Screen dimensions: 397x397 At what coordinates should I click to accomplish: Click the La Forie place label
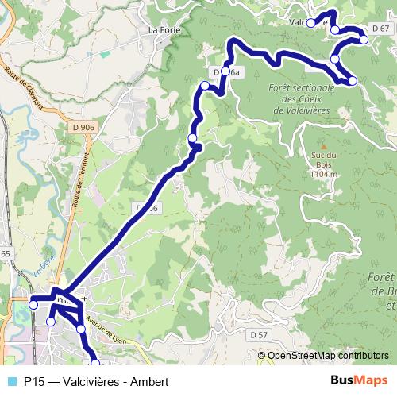(164, 30)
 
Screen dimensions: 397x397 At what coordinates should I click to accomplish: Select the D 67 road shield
(380, 28)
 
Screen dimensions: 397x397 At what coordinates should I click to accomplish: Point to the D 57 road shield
(257, 335)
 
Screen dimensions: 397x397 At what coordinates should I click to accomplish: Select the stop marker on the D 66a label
(225, 72)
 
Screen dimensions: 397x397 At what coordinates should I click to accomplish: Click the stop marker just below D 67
(364, 39)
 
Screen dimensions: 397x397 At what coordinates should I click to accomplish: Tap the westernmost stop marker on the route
(33, 304)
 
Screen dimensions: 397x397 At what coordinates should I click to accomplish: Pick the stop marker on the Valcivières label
(311, 23)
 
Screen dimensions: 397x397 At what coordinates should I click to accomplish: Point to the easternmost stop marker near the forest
(353, 81)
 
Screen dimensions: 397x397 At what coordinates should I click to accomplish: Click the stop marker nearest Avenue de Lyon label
(80, 328)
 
